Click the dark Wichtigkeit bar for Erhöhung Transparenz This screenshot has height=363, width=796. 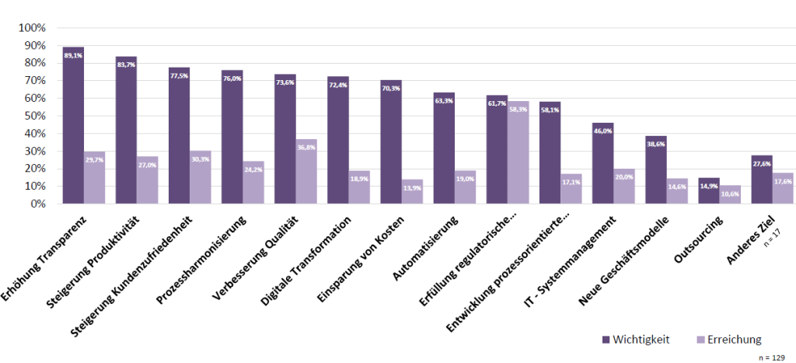73,124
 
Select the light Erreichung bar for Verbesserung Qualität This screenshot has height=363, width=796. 306,171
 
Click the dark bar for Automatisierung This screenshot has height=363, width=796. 444,148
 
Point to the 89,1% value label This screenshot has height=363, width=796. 73,56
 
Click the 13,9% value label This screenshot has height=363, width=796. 412,189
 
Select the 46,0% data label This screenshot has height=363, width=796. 602,132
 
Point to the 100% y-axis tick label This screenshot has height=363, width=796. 33,28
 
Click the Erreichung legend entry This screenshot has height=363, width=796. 728,339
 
